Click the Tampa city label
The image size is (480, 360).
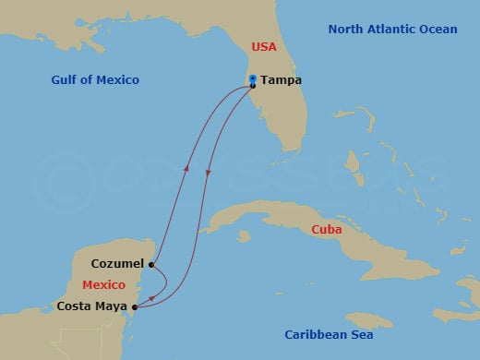281,80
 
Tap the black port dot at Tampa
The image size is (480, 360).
253,86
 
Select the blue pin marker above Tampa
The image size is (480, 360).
253,78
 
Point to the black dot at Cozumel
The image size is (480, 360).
150,264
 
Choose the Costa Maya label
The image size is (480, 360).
92,306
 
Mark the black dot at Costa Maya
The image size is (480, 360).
136,306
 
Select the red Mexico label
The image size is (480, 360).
103,284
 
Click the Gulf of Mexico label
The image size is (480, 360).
95,80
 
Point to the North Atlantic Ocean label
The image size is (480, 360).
392,30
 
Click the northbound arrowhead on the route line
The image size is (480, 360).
186,167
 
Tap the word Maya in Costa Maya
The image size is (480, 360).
111,306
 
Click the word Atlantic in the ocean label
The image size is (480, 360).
392,30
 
